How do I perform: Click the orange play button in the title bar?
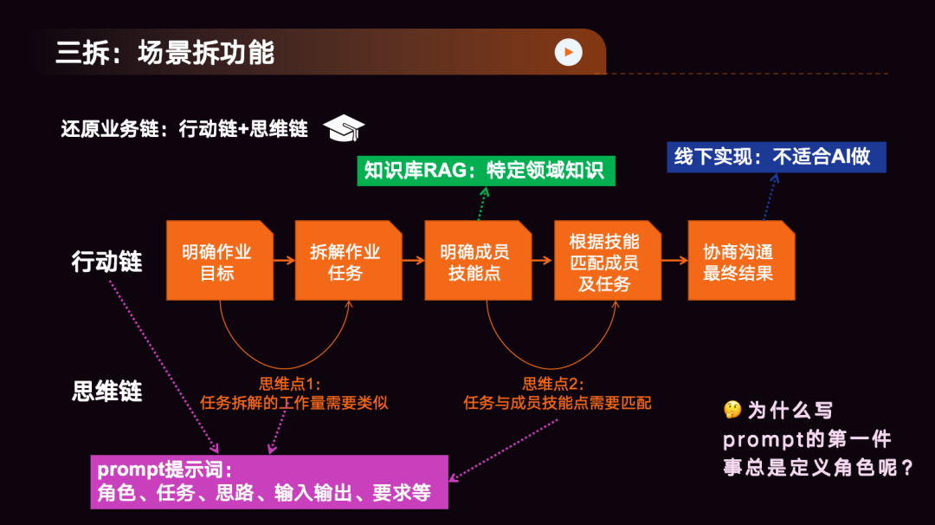[x=568, y=53]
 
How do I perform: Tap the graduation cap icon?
[x=344, y=129]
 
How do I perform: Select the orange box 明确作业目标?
[x=219, y=261]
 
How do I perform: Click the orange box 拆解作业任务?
[x=348, y=261]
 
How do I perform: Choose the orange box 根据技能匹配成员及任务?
[x=607, y=261]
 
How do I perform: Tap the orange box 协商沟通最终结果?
[x=741, y=261]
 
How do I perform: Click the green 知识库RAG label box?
[x=486, y=171]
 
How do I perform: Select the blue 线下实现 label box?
[x=776, y=157]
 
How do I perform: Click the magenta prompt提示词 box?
[x=269, y=481]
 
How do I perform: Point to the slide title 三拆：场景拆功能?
[x=164, y=53]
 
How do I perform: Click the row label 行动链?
[x=106, y=261]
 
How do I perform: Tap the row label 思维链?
[x=106, y=391]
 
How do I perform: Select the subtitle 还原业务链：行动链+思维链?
[x=184, y=129]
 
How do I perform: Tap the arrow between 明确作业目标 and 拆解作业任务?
[x=284, y=261]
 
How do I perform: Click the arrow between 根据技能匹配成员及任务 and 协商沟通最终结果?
[x=674, y=261]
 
